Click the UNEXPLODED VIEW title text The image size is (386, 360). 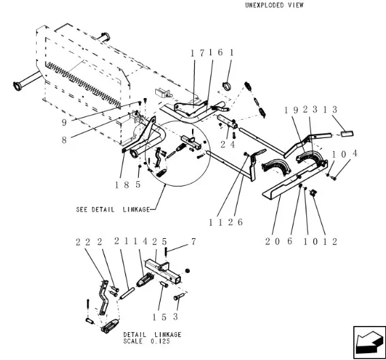click(x=274, y=5)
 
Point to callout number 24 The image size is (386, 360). click(x=231, y=144)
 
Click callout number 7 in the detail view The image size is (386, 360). click(x=194, y=241)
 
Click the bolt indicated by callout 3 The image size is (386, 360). click(x=180, y=297)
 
